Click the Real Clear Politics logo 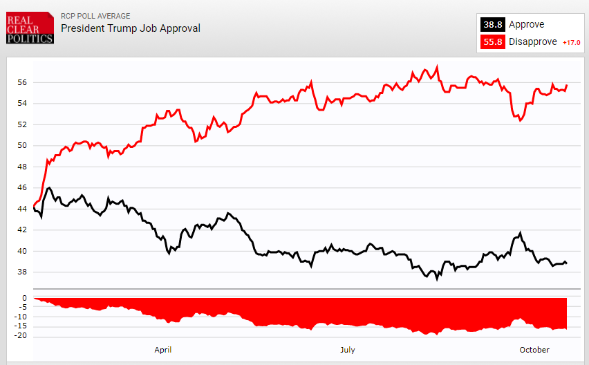pos(29,28)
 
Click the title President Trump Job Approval pos(131,28)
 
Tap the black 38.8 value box pos(493,25)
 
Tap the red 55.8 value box pos(493,42)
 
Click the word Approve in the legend pos(526,25)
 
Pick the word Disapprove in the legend pos(533,42)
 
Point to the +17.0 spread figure pos(571,43)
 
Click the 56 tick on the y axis pos(22,82)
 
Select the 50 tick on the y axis pos(22,146)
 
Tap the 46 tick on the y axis pos(22,188)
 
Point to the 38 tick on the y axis pos(22,272)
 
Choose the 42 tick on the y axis pos(22,230)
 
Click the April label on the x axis pos(162,350)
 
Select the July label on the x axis pos(347,350)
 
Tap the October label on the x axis pos(535,350)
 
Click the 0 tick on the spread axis pos(24,299)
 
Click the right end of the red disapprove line pos(566,86)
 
